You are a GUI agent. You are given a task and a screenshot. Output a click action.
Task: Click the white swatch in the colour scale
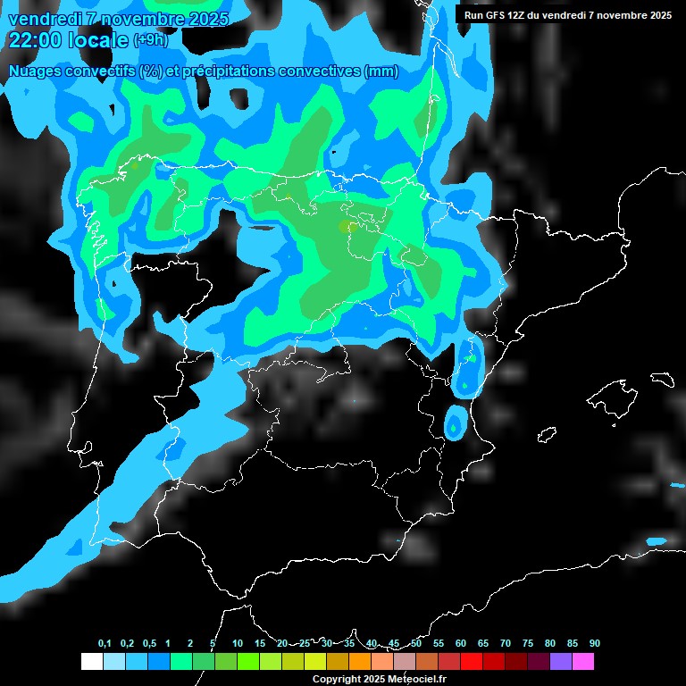click(91, 662)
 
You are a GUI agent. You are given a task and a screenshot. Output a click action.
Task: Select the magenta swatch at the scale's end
click(582, 662)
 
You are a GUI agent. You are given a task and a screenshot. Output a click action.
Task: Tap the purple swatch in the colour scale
click(560, 662)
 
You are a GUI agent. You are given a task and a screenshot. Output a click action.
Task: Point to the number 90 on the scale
click(594, 644)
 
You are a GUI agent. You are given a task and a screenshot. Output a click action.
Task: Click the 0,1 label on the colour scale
click(105, 644)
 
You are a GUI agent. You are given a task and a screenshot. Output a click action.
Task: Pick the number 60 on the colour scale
click(461, 644)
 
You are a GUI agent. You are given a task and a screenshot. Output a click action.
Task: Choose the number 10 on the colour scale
click(238, 644)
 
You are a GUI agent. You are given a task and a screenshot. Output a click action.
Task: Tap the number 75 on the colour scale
click(527, 644)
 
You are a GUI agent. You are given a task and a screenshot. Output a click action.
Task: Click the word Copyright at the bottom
click(336, 680)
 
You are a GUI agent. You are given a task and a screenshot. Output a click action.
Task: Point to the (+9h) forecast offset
click(150, 40)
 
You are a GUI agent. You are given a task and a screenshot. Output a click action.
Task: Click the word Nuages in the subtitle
click(33, 71)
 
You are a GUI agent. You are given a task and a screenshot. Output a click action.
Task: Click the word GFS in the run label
click(498, 15)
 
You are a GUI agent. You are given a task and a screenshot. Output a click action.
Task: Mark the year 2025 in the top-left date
click(205, 19)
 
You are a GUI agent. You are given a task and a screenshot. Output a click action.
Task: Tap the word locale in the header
click(97, 40)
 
